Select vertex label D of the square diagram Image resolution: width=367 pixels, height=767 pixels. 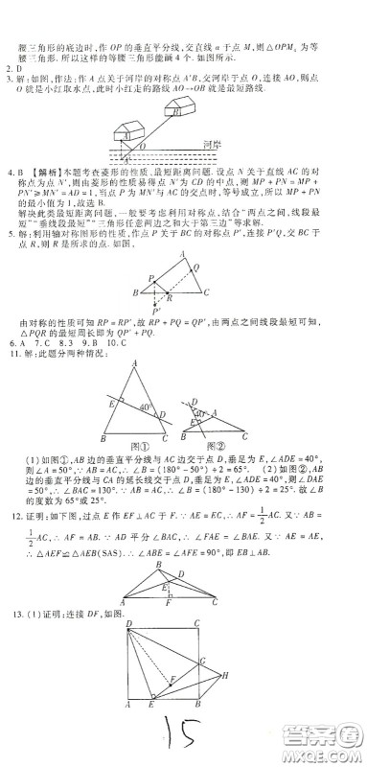click(131, 623)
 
